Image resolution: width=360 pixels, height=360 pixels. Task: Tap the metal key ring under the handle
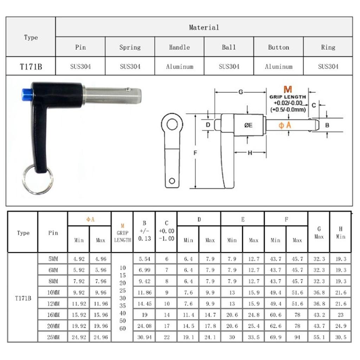38,180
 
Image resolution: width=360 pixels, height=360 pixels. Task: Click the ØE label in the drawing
249,125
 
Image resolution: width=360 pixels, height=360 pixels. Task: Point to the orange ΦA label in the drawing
285,125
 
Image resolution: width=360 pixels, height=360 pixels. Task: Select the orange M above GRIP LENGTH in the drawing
288,89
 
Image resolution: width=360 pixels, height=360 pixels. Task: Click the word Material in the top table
204,27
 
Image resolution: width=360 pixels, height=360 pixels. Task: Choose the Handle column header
179,47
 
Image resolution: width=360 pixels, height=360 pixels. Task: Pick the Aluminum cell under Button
278,66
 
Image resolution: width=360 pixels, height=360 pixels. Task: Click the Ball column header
229,47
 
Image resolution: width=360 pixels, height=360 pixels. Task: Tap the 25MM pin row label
53,337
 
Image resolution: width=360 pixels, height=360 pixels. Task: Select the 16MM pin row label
53,315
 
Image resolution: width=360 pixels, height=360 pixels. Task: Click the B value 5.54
144,259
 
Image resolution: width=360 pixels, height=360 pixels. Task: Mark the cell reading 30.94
144,337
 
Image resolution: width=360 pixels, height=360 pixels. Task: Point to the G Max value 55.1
319,337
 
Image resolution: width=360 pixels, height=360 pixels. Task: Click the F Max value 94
297,337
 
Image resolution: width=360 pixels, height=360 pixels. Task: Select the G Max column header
319,232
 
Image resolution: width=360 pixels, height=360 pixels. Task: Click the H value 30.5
340,337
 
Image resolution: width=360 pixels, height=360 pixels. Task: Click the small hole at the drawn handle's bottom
172,181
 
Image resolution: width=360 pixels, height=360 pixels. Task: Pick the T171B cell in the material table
31,66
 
